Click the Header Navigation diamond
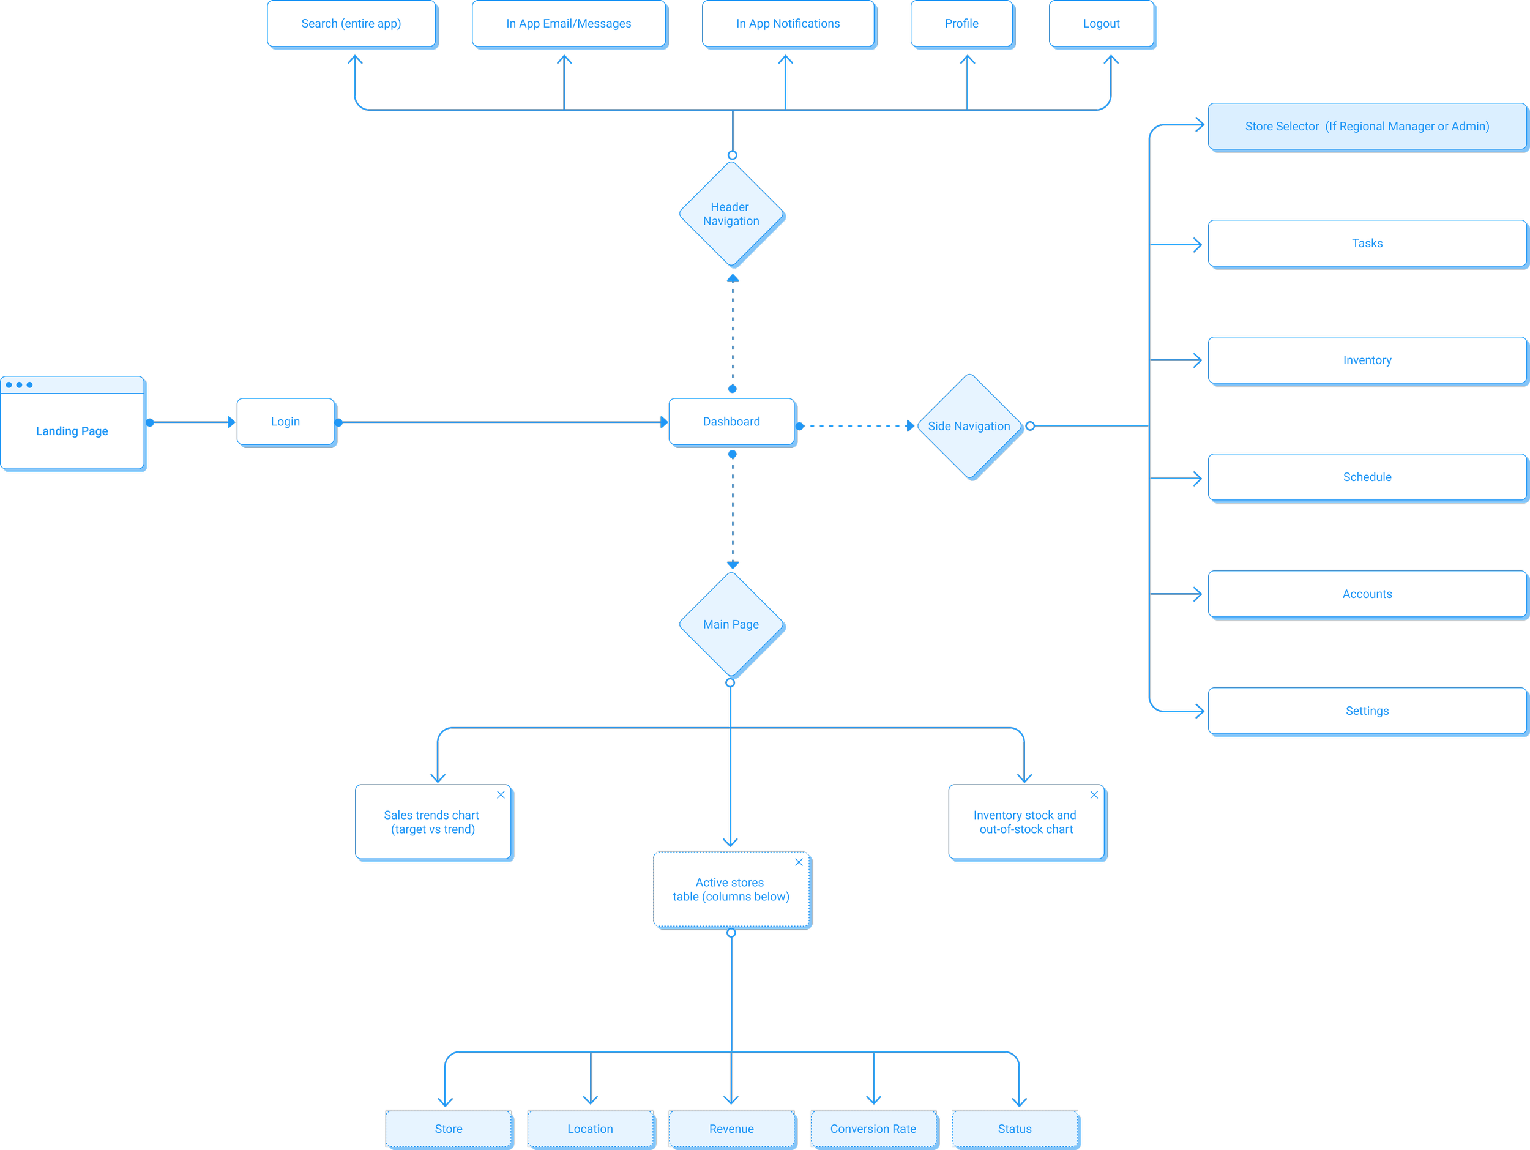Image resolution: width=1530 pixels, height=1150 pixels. (x=731, y=214)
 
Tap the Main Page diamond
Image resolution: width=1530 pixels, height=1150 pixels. (x=731, y=624)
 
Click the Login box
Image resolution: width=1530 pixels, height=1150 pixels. (x=286, y=422)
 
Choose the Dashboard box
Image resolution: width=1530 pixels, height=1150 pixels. (x=732, y=422)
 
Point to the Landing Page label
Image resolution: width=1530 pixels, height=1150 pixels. (x=72, y=431)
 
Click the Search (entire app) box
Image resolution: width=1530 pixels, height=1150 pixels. (x=352, y=24)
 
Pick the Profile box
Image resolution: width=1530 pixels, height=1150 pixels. (x=962, y=24)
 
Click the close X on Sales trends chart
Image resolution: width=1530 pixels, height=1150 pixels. (x=501, y=794)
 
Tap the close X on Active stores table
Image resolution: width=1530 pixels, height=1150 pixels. (x=799, y=862)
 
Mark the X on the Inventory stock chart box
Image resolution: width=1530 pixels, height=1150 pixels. (x=1094, y=794)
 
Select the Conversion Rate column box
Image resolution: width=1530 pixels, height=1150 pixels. (x=875, y=1129)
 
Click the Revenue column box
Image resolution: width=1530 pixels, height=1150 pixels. (x=733, y=1129)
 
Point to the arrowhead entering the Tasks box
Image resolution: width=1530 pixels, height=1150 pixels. (x=1197, y=245)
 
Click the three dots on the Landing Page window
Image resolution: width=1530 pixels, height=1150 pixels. (x=20, y=384)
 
